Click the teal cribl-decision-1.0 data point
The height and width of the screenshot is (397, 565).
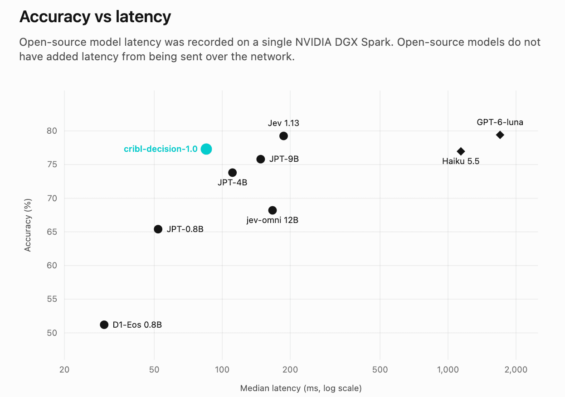pos(206,149)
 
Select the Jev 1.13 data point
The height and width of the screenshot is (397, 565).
pos(283,136)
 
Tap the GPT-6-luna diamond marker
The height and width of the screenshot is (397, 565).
pos(500,135)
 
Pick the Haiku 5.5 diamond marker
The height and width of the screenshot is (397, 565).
pos(461,151)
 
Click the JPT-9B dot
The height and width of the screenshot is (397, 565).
pos(261,159)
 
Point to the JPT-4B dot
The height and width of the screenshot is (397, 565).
pos(232,173)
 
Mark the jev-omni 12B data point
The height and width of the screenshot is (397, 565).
pos(273,210)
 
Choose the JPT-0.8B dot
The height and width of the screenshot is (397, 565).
pos(158,229)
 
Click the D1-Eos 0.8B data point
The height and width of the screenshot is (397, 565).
pos(104,324)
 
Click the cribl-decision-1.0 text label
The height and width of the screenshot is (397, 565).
pos(161,149)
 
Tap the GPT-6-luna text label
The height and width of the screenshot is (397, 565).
pos(500,122)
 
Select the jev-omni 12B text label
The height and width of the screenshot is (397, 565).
pos(273,220)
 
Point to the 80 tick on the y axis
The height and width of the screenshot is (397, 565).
pos(52,131)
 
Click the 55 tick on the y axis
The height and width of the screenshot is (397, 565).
pos(52,299)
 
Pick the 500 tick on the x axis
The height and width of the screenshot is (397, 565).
pos(380,370)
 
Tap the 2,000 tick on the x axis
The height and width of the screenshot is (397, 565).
pos(516,370)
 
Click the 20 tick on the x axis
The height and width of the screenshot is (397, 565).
pos(64,370)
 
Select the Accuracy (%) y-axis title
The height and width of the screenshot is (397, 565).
pos(28,225)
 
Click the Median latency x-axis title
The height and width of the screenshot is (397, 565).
pos(301,388)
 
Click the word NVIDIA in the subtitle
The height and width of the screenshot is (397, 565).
pos(313,42)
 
